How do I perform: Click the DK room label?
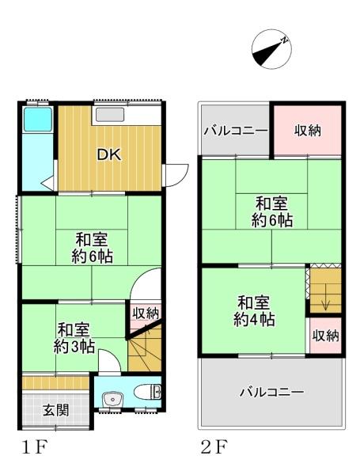click(108, 155)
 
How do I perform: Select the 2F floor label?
click(214, 448)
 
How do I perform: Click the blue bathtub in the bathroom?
click(36, 120)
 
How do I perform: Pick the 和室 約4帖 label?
click(254, 311)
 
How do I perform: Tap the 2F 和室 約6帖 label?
click(271, 211)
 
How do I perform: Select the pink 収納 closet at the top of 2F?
click(308, 131)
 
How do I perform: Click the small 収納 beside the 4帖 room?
click(324, 335)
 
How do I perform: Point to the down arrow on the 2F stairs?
click(325, 303)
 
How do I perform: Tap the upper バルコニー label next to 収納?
click(236, 131)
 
